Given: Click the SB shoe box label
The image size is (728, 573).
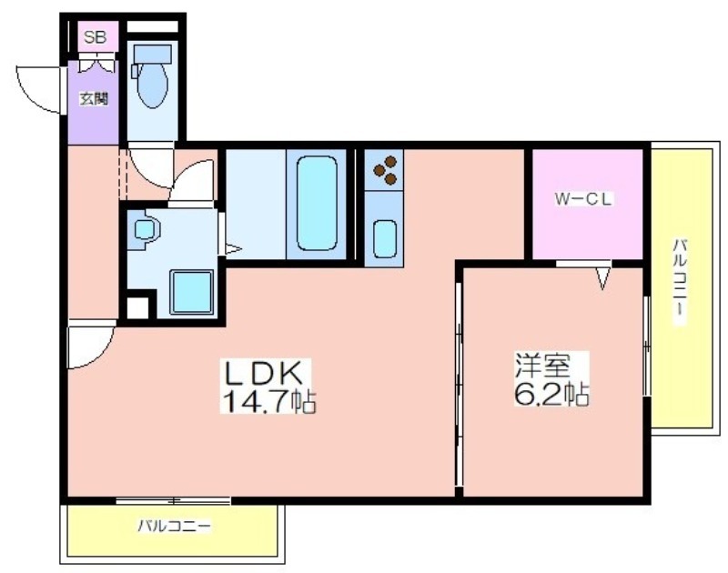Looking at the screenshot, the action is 96,37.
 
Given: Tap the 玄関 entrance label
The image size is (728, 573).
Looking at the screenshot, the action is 94,98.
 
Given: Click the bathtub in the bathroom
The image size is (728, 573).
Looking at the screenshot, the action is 317,204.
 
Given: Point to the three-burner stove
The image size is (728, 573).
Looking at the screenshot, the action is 384,169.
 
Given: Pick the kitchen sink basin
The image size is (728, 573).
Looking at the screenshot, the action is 385,238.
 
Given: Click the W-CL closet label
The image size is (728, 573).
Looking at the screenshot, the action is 583,199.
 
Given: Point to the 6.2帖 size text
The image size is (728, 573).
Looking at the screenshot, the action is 551,394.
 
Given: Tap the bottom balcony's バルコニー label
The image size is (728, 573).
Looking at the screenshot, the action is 175,526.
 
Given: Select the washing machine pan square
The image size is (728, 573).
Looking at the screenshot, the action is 192,292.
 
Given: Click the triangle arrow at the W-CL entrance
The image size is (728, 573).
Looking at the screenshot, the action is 602,279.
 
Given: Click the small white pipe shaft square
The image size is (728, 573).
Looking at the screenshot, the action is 138,307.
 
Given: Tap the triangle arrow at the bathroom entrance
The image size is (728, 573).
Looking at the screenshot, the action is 233,249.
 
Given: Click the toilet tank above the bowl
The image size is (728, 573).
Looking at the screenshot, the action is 152,54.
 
